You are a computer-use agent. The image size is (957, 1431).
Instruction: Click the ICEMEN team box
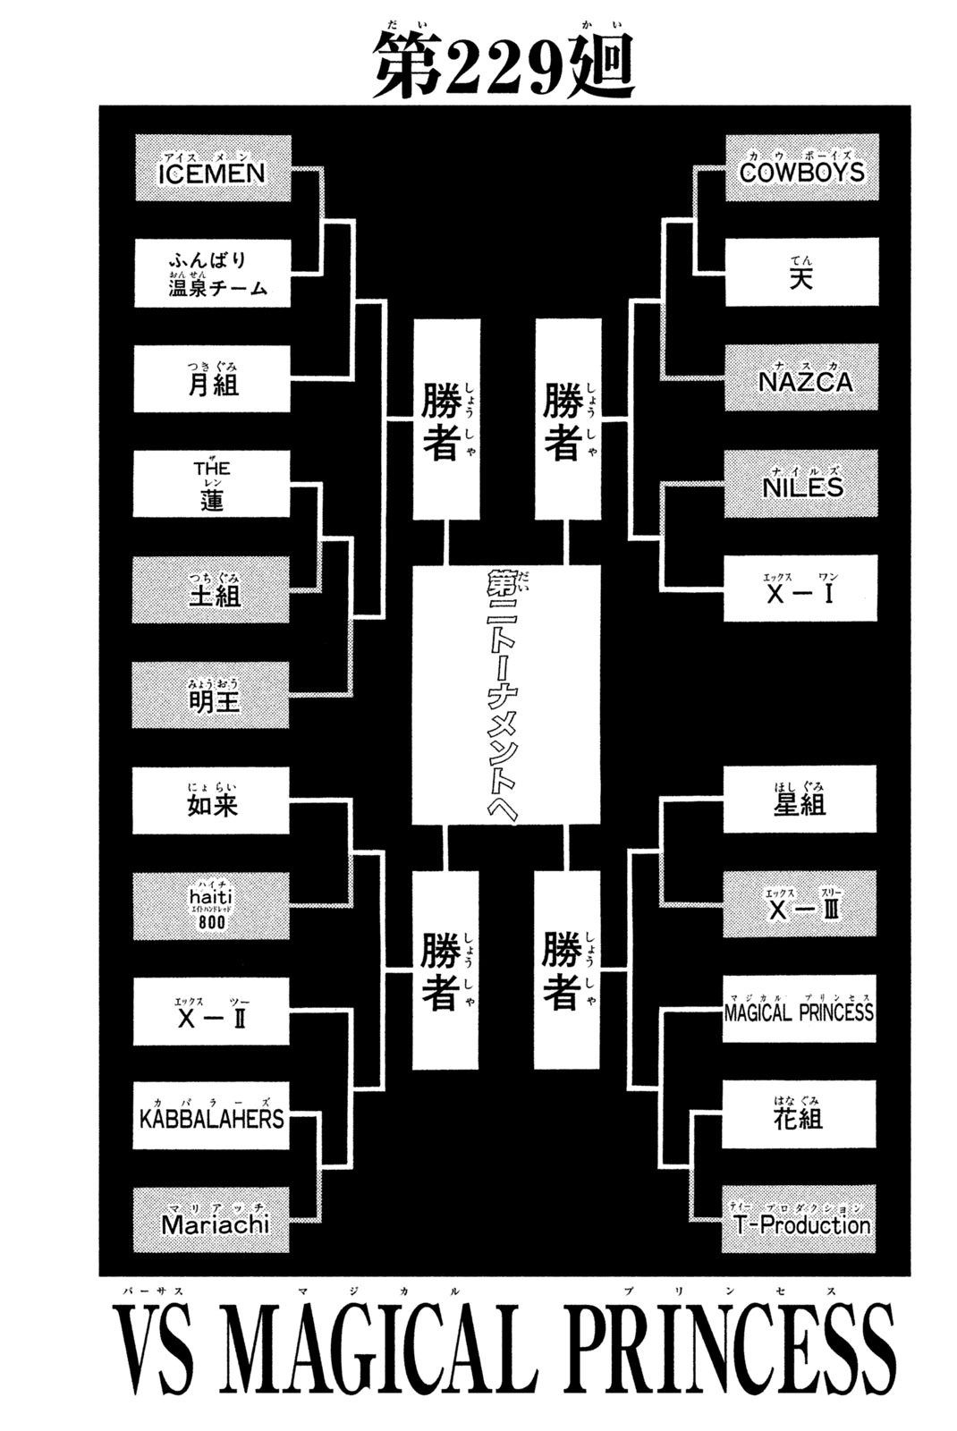pos(213,168)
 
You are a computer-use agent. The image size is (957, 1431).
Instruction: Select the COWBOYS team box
pos(801,167)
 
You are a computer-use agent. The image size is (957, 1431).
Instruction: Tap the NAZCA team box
pos(801,377)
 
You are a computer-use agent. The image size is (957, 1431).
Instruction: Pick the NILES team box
pos(800,483)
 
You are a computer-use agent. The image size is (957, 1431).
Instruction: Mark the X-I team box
pos(800,588)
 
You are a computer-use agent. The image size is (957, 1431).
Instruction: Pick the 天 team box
pos(801,272)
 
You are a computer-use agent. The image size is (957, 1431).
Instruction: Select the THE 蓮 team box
pos(211,484)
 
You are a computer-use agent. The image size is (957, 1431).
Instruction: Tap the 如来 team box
pos(211,800)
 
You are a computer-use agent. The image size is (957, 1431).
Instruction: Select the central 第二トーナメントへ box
pos(506,694)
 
